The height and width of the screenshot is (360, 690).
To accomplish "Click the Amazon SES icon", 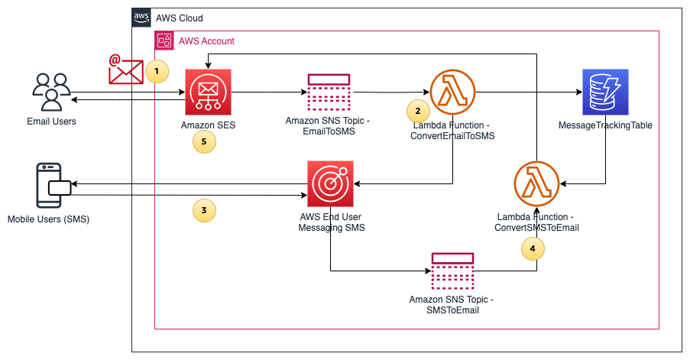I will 208,92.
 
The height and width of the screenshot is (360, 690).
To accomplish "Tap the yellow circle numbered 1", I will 157,71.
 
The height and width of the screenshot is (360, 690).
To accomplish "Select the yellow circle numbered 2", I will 417,111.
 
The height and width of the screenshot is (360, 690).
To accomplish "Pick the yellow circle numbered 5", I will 204,141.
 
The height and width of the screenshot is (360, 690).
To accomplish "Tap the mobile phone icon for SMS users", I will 52,185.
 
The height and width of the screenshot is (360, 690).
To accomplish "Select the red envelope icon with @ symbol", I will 125,70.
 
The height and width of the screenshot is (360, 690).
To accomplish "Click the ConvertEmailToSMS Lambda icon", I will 453,92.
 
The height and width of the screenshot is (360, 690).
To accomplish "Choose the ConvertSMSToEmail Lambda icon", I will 536,184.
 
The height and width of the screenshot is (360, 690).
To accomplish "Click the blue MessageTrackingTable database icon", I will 604,92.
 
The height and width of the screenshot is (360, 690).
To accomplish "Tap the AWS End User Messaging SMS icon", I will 330,184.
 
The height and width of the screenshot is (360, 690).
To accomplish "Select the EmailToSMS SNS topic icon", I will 329,92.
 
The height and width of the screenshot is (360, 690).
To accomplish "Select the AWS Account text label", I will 206,41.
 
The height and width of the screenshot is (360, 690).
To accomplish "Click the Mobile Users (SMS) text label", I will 48,220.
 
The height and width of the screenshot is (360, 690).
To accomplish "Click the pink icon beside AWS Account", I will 164,41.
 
